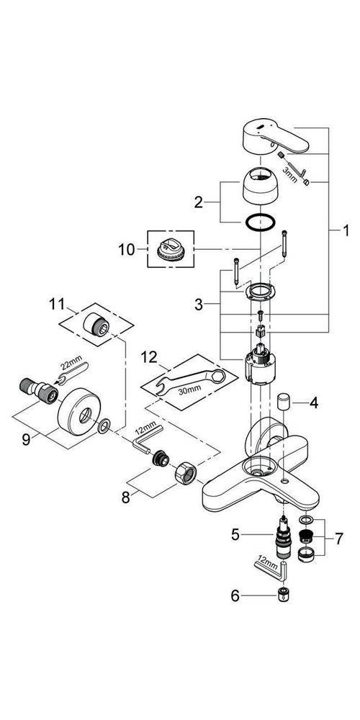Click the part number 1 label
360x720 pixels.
346,231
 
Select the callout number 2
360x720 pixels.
199,202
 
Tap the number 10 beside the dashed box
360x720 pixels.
127,251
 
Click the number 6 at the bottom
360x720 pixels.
235,596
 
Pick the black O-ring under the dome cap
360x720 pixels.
260,223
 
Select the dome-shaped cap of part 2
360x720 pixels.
259,186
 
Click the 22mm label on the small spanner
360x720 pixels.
69,366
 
